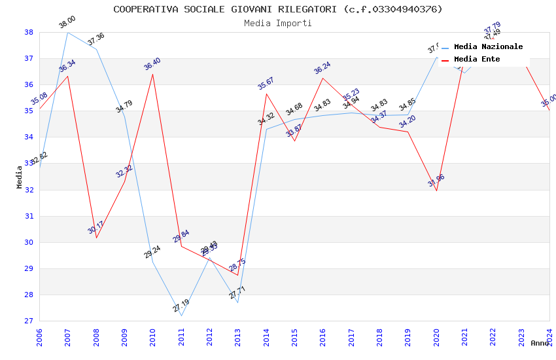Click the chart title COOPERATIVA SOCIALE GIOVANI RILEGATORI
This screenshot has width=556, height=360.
277,9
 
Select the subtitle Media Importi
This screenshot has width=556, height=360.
277,23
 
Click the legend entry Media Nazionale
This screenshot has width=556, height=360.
488,47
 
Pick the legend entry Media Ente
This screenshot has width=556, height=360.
477,60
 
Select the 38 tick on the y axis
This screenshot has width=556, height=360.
29,32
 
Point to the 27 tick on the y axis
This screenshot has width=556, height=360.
29,321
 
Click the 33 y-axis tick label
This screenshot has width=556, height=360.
29,164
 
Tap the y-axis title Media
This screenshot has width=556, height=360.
20,177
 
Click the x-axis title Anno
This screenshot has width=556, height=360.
540,343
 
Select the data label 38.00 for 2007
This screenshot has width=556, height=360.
67,22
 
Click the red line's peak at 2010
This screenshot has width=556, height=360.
153,74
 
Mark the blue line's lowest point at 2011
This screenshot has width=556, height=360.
181,315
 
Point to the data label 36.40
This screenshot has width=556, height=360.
152,64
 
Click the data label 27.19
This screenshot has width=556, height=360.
181,306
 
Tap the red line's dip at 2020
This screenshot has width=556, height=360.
436,190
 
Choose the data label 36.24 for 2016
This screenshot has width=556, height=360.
322,68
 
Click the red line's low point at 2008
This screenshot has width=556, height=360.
96,238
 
